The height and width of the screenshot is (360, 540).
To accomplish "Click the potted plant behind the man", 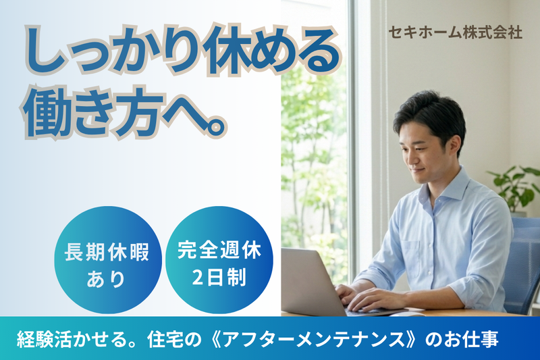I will click(x=516, y=186).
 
